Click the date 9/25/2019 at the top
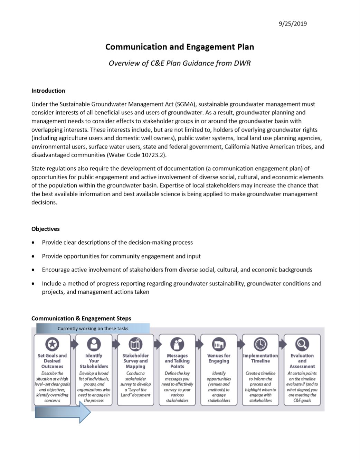(x=293, y=24)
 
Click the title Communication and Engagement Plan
(x=180, y=47)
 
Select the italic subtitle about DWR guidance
(x=180, y=63)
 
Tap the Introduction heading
(x=48, y=91)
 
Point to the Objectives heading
(x=45, y=229)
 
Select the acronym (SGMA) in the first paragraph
(x=185, y=104)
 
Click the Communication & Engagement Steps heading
(x=81, y=319)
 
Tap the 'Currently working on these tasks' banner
(x=93, y=329)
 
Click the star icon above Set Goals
(x=52, y=344)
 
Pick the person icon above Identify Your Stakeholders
(x=94, y=344)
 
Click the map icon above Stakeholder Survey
(x=135, y=344)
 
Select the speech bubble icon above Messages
(x=177, y=344)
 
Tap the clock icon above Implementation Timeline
(x=260, y=344)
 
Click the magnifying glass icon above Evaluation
(x=302, y=344)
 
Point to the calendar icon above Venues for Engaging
(x=219, y=344)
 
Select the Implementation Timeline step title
(x=260, y=358)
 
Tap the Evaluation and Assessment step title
(x=302, y=361)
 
